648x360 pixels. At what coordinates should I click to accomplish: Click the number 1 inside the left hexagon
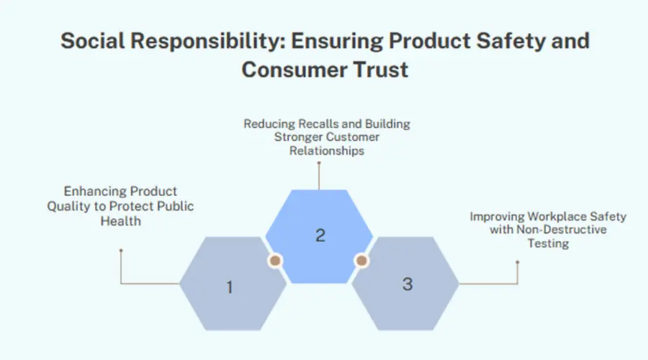pyautogui.click(x=230, y=287)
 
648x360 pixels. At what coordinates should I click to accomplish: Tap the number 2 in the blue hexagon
pyautogui.click(x=320, y=235)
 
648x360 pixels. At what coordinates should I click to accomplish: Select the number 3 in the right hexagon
pyautogui.click(x=408, y=284)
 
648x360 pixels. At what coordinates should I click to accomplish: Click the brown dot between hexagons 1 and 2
pyautogui.click(x=275, y=261)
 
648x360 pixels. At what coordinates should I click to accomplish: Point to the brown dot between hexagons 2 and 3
pyautogui.click(x=361, y=261)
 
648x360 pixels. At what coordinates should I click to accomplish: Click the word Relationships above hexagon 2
pyautogui.click(x=326, y=150)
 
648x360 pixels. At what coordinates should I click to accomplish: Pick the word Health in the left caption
pyautogui.click(x=121, y=221)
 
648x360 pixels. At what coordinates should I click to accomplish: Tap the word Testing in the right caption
pyautogui.click(x=548, y=243)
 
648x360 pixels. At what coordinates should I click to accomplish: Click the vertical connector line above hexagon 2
pyautogui.click(x=319, y=176)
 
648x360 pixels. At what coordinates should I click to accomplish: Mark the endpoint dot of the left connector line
pyautogui.click(x=121, y=250)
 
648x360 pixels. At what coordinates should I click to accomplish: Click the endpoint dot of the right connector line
pyautogui.click(x=518, y=261)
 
